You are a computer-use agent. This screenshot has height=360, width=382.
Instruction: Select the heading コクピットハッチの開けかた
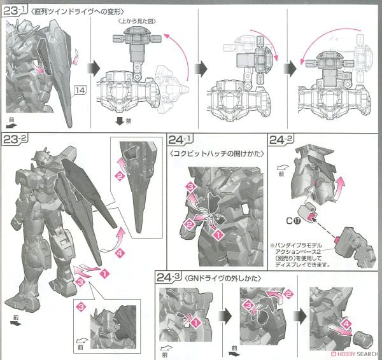pos(209,151)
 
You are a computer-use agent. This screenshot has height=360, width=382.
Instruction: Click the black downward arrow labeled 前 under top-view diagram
pos(118,122)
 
